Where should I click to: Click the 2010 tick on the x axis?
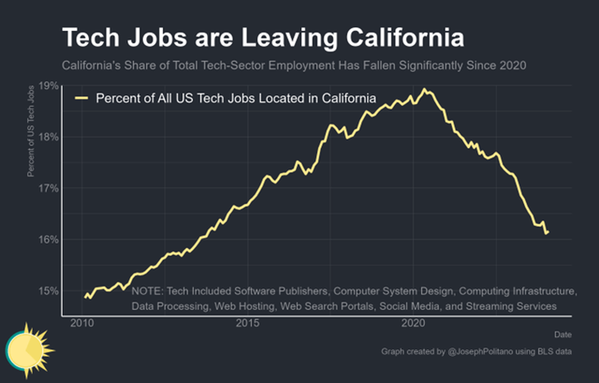pos(82,323)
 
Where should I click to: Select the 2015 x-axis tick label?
pos(248,323)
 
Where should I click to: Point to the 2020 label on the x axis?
pos(413,323)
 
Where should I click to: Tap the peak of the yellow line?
pos(424,89)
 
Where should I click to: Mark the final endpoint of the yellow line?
pos(547,232)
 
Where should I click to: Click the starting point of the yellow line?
pos(85,297)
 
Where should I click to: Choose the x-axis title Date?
pos(563,335)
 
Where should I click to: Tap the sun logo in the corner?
pos(28,349)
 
